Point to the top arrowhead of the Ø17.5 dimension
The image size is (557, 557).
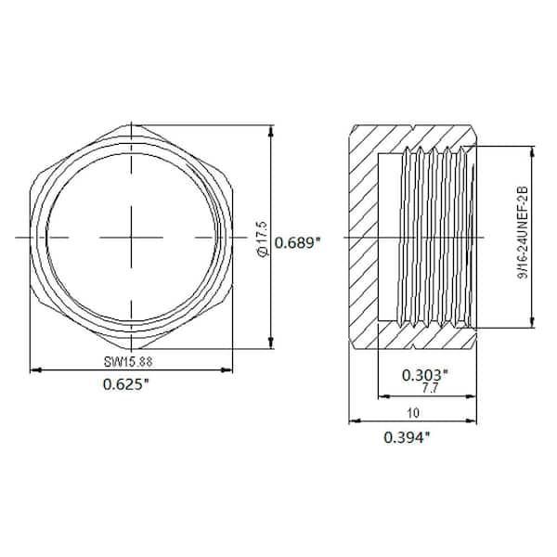[271, 129]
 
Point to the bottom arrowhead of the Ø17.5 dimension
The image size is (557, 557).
[271, 343]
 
